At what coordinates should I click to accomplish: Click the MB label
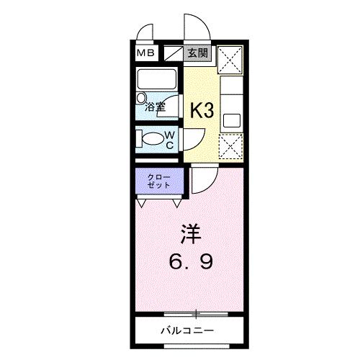tap(146, 53)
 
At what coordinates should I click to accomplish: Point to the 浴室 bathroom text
tap(156, 107)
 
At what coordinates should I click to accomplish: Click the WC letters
tap(171, 140)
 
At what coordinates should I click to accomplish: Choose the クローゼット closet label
tap(159, 181)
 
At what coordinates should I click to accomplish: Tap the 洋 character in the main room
tap(189, 235)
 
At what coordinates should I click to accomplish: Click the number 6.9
tap(190, 261)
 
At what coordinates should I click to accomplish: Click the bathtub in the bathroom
tap(158, 80)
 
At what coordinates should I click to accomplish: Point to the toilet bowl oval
tap(152, 138)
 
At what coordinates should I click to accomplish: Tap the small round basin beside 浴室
tap(142, 96)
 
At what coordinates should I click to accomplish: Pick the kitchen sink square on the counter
tap(231, 119)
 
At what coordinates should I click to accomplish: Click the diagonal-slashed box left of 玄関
tap(174, 53)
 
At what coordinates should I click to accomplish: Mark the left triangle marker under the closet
tap(141, 204)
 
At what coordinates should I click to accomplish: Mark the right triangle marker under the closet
tap(176, 204)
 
